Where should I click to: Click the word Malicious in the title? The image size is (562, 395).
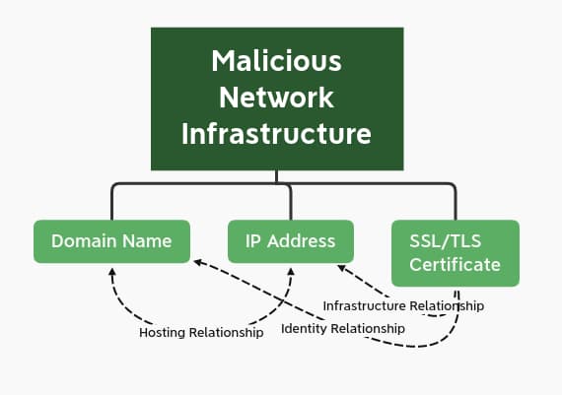[x=277, y=61]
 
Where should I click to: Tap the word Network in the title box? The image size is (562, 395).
[x=277, y=97]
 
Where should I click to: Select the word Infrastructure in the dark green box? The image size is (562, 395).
[x=277, y=133]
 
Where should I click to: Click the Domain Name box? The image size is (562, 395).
[x=111, y=241]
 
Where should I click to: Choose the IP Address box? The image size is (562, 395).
[x=290, y=241]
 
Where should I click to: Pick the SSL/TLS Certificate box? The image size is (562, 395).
[x=455, y=253]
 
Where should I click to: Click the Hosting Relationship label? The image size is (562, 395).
[x=201, y=333]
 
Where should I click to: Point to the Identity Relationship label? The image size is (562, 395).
[x=343, y=327]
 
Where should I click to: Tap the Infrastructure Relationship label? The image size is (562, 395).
[x=403, y=306]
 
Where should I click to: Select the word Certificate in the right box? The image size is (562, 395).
[x=455, y=264]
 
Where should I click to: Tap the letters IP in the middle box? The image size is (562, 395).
[x=253, y=241]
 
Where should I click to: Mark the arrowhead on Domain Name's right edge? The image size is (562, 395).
[x=197, y=261]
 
